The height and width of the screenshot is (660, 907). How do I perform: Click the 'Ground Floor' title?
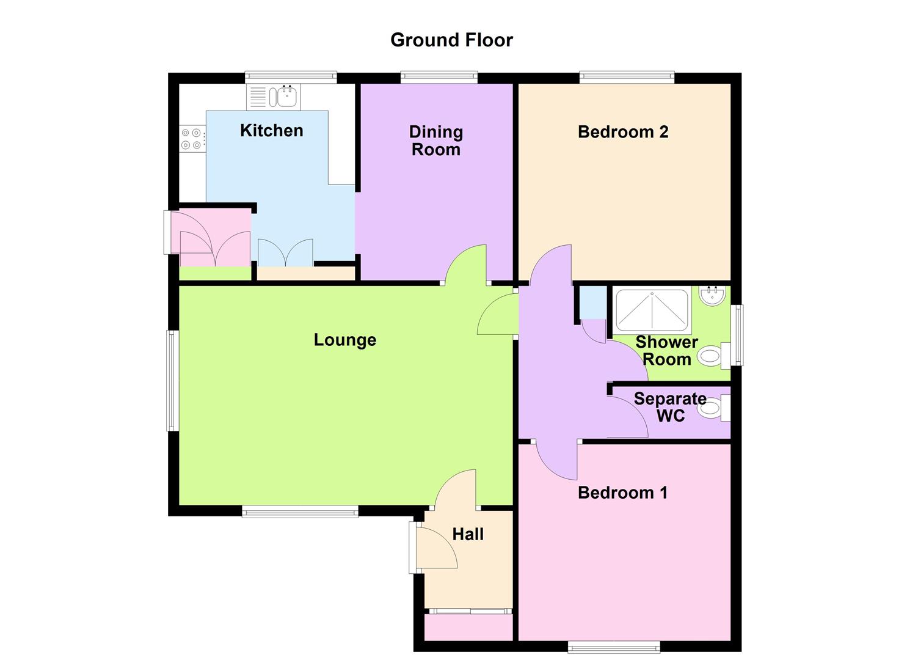[x=451, y=40]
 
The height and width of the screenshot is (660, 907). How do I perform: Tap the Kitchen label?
[x=271, y=130]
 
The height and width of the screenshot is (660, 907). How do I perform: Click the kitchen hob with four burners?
[x=192, y=138]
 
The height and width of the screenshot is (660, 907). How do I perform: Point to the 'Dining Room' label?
[x=435, y=141]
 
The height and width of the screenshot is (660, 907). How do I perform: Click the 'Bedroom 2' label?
[x=623, y=131]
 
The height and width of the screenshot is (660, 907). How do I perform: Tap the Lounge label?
[x=344, y=340]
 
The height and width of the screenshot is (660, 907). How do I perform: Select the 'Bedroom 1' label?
[x=622, y=492]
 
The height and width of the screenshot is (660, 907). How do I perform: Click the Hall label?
[x=468, y=534]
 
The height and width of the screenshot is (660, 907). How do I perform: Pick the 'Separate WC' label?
[x=670, y=407]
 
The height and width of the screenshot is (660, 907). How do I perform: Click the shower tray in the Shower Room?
[x=652, y=310]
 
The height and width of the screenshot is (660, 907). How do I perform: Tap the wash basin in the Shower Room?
[x=712, y=296]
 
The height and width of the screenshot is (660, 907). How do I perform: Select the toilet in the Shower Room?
[x=712, y=355]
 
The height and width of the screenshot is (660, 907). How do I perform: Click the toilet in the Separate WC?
[x=712, y=408]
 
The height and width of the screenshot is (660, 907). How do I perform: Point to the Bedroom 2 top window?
[x=627, y=77]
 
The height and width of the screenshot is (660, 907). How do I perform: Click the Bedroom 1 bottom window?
[x=614, y=646]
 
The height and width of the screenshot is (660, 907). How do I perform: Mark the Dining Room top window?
[x=439, y=77]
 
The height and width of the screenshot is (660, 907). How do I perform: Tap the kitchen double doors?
[x=285, y=253]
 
